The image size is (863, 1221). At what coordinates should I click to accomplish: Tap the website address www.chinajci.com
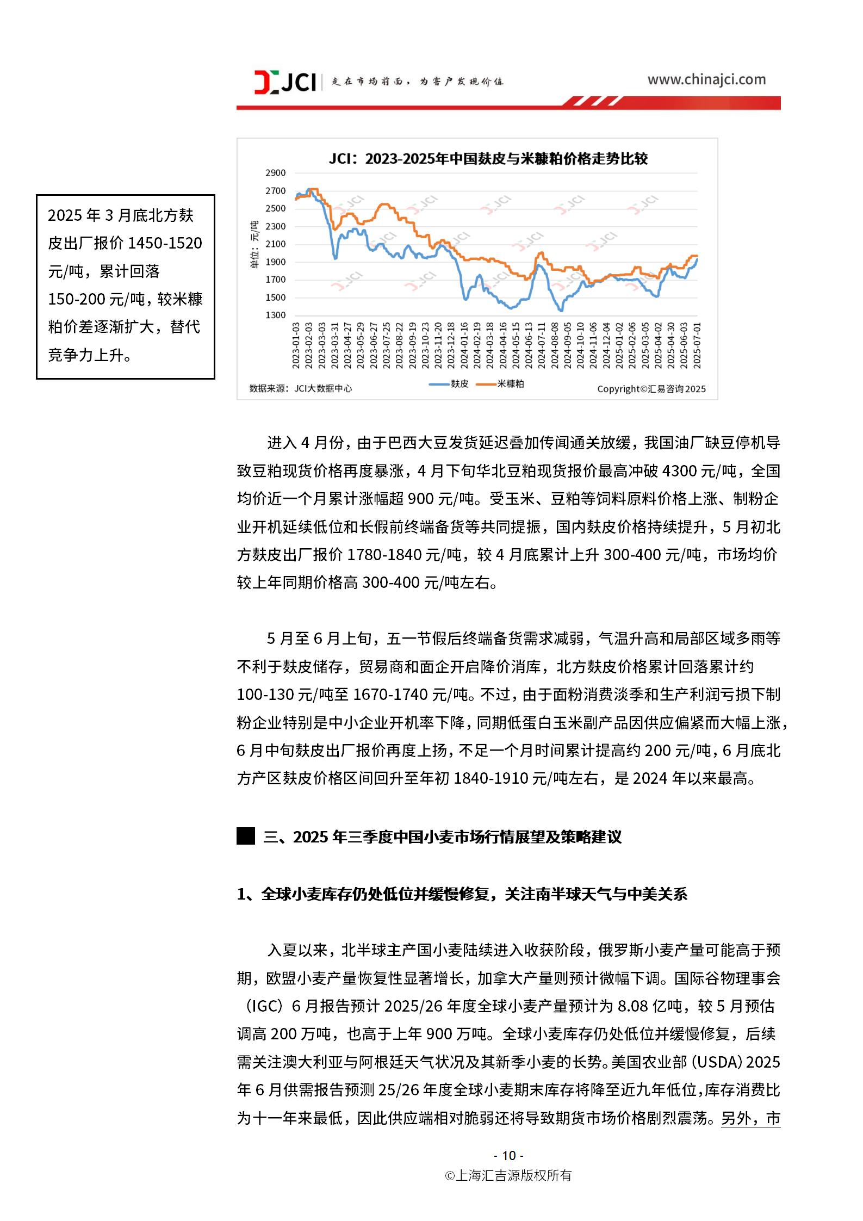(x=706, y=80)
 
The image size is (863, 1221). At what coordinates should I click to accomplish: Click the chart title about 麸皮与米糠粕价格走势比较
(x=488, y=159)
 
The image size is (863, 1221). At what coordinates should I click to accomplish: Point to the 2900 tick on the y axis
(x=275, y=173)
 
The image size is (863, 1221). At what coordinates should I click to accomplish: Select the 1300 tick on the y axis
(x=275, y=315)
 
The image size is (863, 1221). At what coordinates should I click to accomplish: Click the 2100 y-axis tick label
(x=275, y=244)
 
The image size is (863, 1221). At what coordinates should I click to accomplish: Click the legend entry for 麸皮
(x=459, y=384)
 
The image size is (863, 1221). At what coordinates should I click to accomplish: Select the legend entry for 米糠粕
(x=510, y=384)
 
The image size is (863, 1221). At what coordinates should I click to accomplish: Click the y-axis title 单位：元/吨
(x=253, y=245)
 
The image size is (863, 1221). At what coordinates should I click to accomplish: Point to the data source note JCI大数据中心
(x=301, y=388)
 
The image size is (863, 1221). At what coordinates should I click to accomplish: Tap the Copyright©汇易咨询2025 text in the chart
(x=651, y=389)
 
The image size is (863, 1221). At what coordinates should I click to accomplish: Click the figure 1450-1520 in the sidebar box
(x=164, y=243)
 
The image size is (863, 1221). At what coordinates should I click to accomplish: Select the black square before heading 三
(x=246, y=836)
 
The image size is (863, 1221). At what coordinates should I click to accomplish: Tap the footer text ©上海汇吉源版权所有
(x=508, y=1175)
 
